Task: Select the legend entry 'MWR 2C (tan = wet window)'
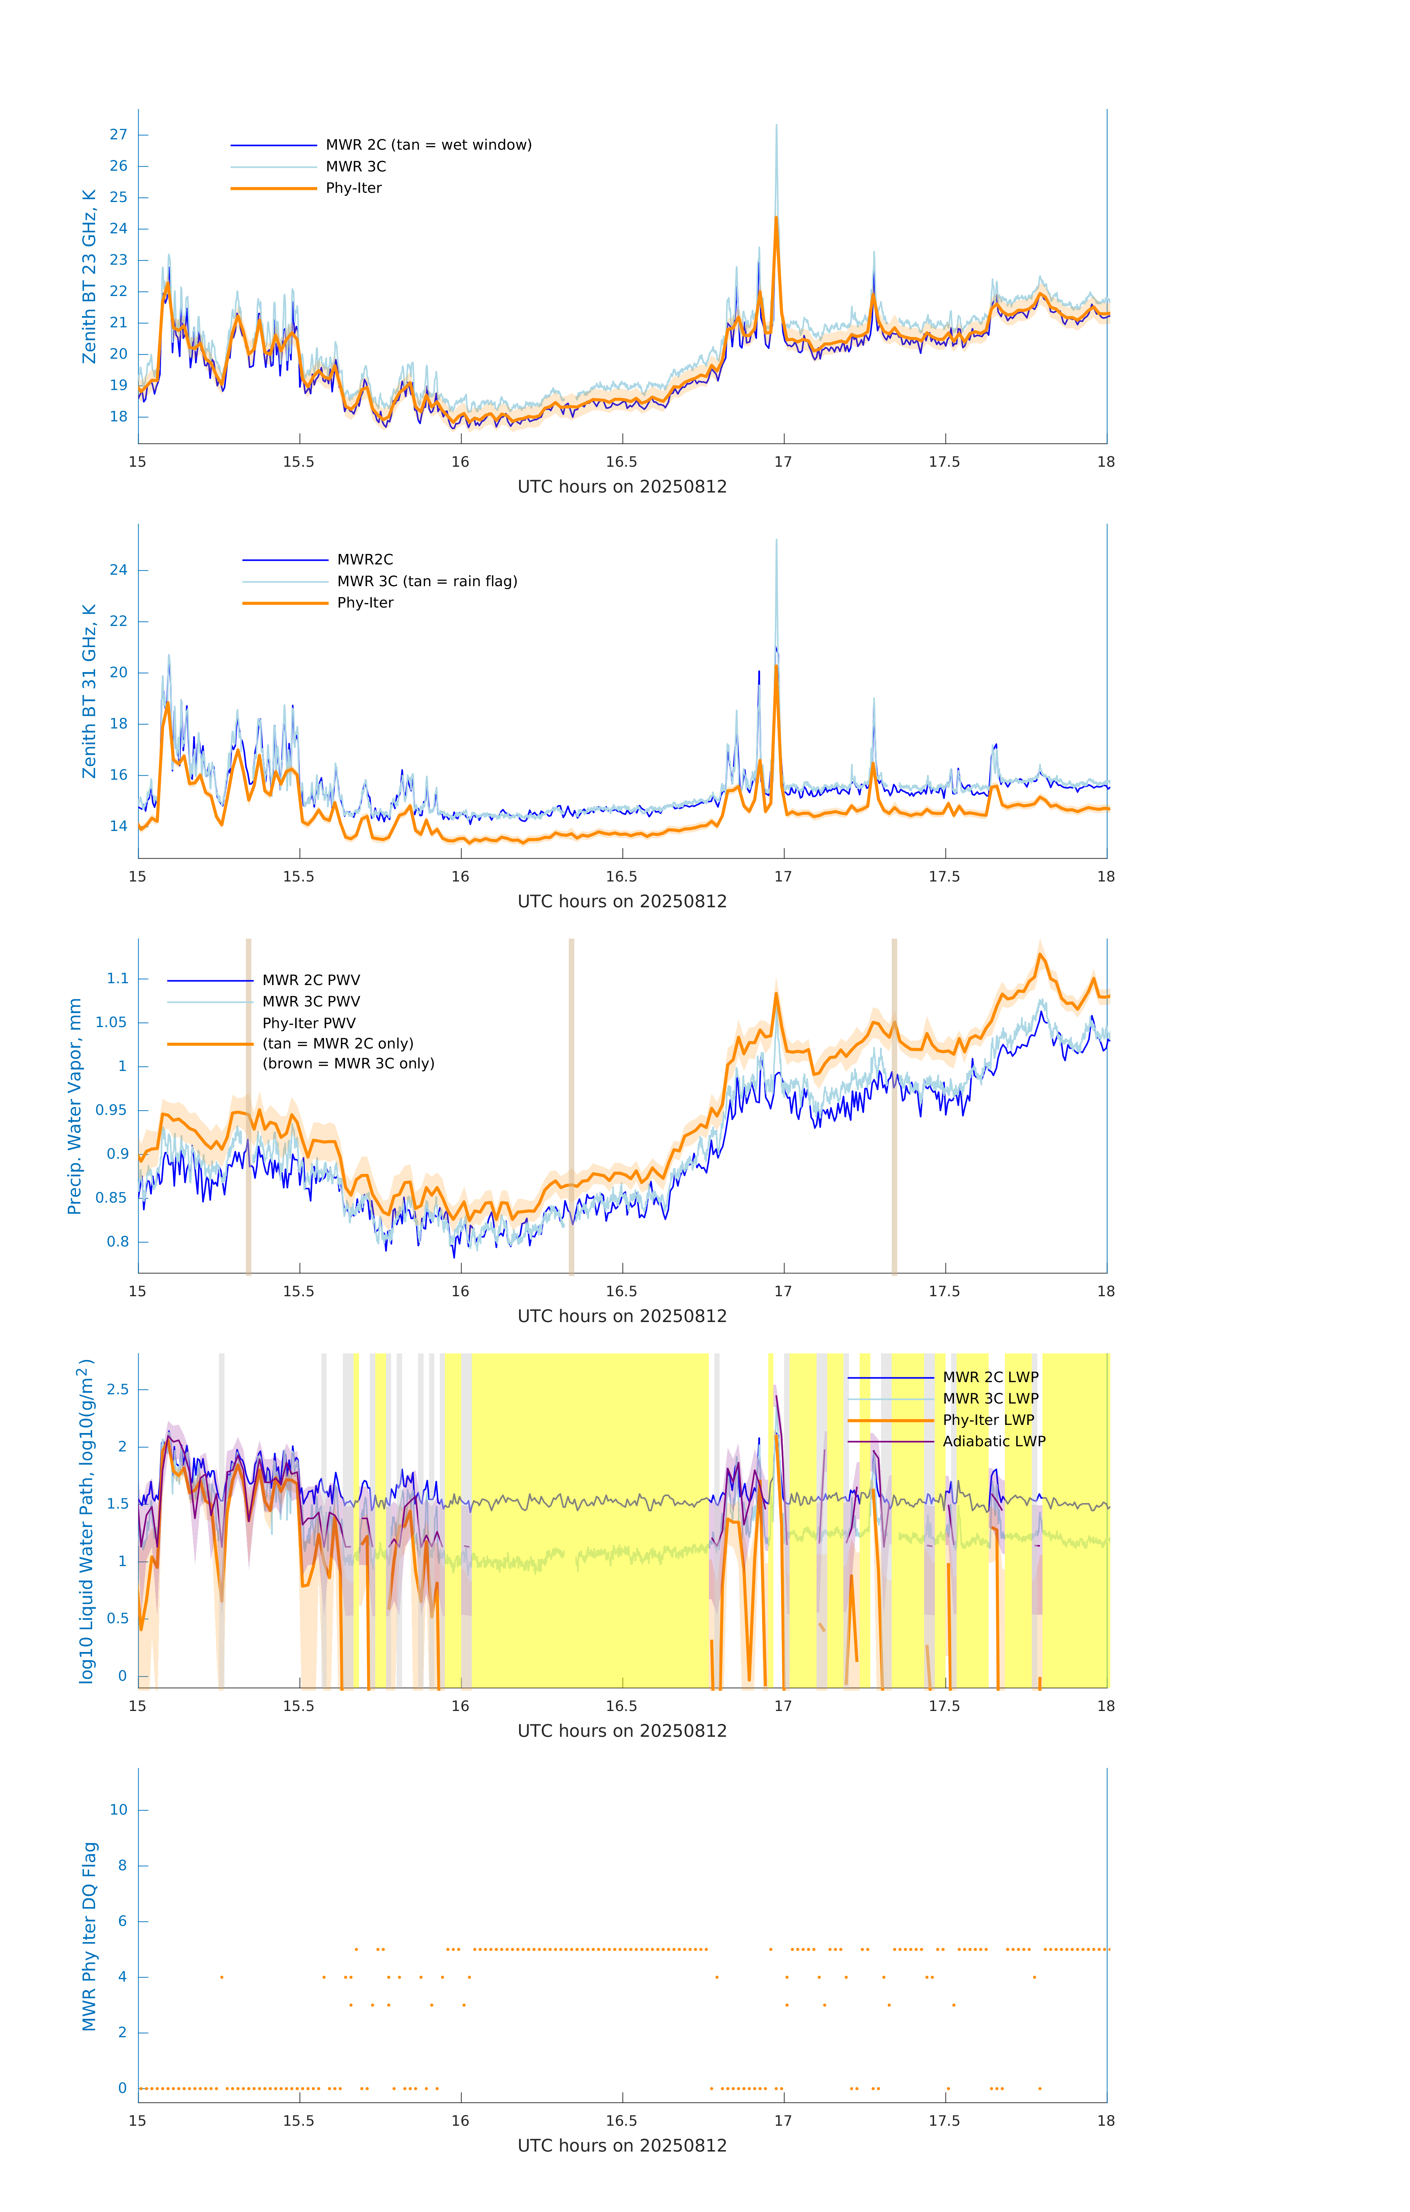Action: pos(428,145)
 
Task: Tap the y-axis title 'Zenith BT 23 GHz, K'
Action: pos(89,276)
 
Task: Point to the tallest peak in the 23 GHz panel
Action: pos(776,126)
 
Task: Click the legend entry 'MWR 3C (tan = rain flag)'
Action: pos(427,581)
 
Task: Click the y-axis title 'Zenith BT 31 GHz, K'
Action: pos(89,692)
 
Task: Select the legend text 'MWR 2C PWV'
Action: pos(311,980)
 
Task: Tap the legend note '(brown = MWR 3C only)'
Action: pos(348,1064)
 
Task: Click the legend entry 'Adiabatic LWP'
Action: pos(994,1441)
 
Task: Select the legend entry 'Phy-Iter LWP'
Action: pos(988,1420)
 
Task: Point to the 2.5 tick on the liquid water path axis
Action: pos(118,1389)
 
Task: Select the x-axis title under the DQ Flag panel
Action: pos(622,2146)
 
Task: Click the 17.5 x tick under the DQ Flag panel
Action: pos(944,2121)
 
